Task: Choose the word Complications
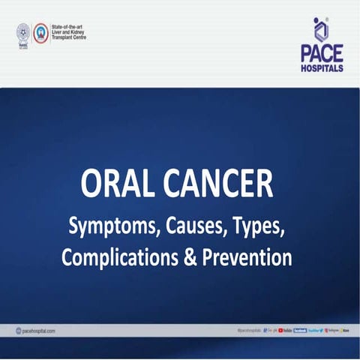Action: coord(121,258)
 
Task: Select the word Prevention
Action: coord(248,258)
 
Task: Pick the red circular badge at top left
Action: coord(42,33)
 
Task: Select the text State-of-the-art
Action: coord(70,27)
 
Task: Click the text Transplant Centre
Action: coord(70,37)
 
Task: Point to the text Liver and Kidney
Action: coord(70,32)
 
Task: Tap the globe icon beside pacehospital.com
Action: coord(18,331)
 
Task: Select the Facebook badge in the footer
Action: coord(300,331)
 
